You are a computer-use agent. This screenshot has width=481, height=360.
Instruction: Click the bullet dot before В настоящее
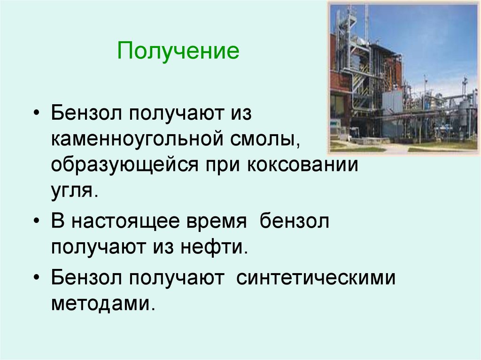pos(38,222)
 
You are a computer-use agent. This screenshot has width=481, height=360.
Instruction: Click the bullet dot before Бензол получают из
pos(38,114)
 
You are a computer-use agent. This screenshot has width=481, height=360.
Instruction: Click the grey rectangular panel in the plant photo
pos(392,101)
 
